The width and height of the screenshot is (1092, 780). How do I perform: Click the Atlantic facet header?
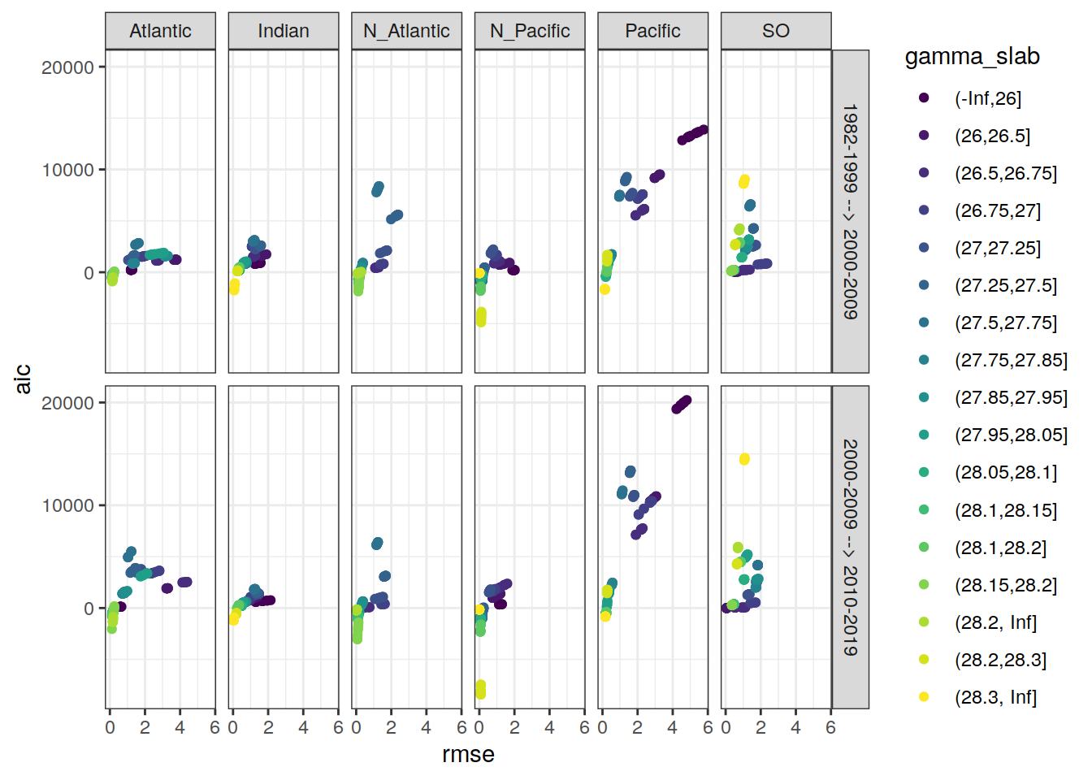pyautogui.click(x=160, y=31)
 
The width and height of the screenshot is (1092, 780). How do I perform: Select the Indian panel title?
pyautogui.click(x=284, y=31)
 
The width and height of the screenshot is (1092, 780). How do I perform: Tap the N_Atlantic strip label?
pyautogui.click(x=406, y=31)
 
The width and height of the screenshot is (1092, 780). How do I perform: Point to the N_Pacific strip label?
pyautogui.click(x=530, y=31)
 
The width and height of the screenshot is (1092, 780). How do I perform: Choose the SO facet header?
pyautogui.click(x=776, y=31)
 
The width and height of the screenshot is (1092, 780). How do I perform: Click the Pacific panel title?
pyautogui.click(x=652, y=31)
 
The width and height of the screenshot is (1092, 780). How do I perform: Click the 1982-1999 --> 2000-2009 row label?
pyautogui.click(x=850, y=211)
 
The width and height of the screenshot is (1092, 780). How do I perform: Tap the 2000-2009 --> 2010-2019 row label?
pyautogui.click(x=850, y=547)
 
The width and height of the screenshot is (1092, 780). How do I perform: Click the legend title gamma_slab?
pyautogui.click(x=972, y=57)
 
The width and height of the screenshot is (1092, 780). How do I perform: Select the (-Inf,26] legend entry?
pyautogui.click(x=987, y=98)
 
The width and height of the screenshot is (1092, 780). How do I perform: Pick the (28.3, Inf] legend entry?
pyautogui.click(x=995, y=697)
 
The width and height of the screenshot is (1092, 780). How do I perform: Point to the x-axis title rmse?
pyautogui.click(x=468, y=755)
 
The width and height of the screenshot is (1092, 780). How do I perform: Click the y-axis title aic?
pyautogui.click(x=23, y=379)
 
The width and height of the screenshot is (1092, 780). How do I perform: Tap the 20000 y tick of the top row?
pyautogui.click(x=68, y=67)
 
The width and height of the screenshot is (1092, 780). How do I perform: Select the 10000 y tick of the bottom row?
pyautogui.click(x=68, y=505)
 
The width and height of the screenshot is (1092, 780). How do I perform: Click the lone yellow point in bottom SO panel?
pyautogui.click(x=744, y=459)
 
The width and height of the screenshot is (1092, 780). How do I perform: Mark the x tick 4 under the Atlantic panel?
pyautogui.click(x=180, y=728)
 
